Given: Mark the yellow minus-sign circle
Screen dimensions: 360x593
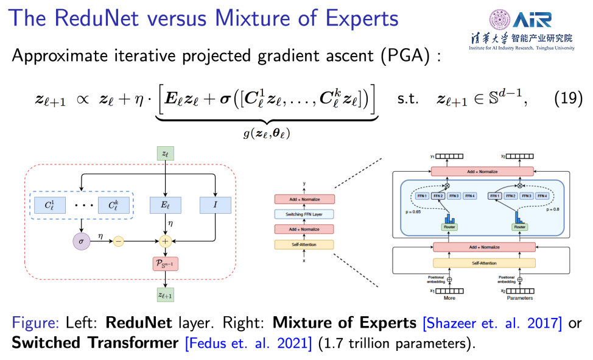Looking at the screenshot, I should [118, 241].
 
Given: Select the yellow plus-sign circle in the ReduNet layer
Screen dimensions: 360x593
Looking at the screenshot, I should [165, 241].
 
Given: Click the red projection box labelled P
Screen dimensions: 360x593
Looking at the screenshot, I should [165, 264].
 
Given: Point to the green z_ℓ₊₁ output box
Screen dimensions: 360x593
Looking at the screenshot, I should [165, 295].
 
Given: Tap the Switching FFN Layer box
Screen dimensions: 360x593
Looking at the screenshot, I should [304, 214].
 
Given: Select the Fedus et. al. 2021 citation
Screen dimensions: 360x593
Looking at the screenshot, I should [248, 342].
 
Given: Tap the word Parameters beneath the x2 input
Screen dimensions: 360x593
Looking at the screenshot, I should [521, 298].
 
